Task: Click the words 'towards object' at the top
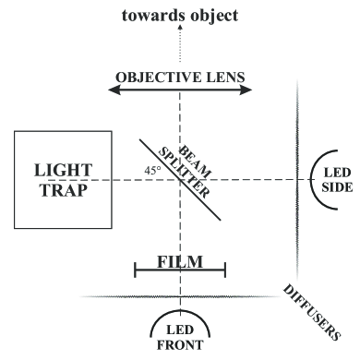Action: coord(179,15)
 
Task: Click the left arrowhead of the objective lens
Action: coord(113,90)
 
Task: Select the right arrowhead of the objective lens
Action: coord(247,90)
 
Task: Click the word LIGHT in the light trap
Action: coord(58,171)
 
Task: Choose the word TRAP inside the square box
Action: coord(58,191)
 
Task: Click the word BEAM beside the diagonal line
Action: coord(189,156)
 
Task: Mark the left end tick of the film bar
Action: coord(136,270)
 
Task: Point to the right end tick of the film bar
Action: coord(224,270)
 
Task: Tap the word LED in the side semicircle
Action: coord(335,171)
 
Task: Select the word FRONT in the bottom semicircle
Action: coord(180,345)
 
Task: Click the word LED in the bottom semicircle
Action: coord(180,330)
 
